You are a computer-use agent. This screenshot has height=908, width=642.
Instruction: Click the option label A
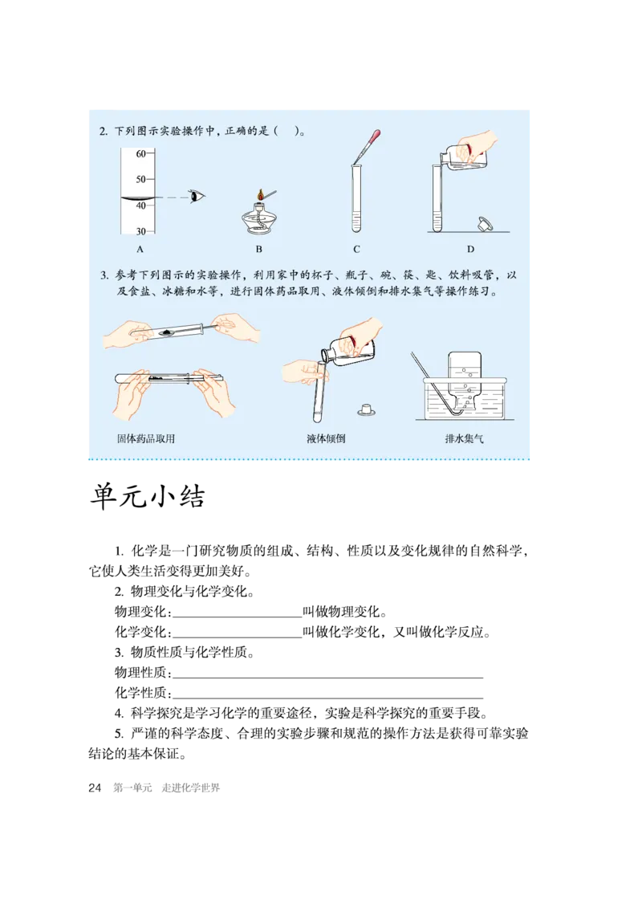[x=140, y=249]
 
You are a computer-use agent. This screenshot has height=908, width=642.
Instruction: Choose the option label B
[x=258, y=249]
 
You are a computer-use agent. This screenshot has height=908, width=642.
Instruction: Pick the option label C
[x=356, y=249]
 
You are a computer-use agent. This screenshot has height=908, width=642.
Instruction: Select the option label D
[x=470, y=249]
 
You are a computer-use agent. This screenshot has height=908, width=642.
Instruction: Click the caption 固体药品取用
[x=145, y=439]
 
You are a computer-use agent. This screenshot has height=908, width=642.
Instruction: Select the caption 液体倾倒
[x=326, y=439]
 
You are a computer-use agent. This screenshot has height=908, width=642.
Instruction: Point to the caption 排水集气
[x=465, y=439]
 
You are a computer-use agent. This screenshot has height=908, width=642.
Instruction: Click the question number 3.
[x=104, y=275]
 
